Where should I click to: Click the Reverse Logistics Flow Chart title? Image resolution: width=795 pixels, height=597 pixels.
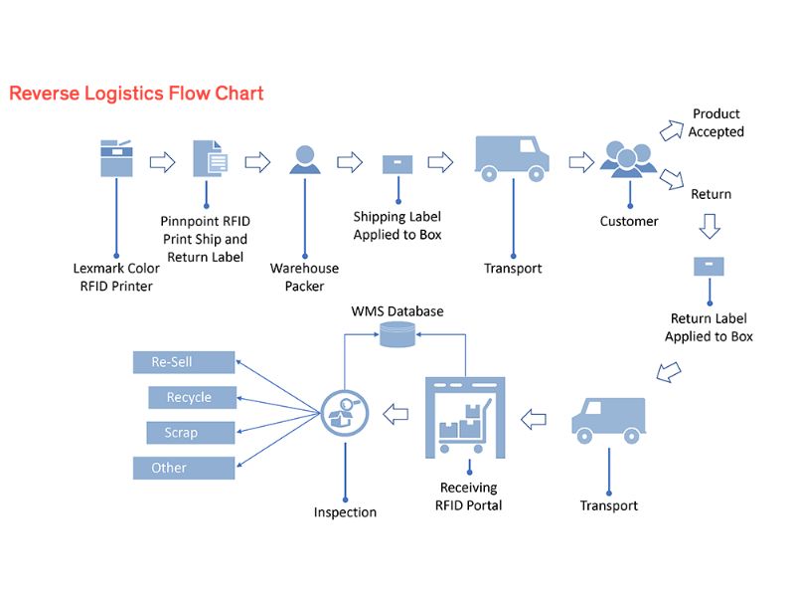(136, 94)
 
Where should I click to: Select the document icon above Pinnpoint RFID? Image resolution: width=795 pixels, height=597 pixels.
(209, 159)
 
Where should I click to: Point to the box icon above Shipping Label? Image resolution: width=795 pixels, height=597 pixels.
(397, 162)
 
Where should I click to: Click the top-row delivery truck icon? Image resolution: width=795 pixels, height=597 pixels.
(512, 158)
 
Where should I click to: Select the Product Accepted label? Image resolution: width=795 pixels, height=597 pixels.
(716, 122)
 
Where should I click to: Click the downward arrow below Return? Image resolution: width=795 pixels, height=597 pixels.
(709, 228)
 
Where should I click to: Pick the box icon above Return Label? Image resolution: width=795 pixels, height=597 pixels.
(709, 267)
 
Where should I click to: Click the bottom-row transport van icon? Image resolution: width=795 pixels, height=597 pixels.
(608, 419)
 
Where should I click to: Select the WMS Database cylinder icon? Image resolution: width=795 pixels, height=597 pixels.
(397, 336)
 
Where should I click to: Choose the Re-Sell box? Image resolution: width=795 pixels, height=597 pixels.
(184, 362)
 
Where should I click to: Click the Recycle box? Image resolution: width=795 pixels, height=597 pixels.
(192, 397)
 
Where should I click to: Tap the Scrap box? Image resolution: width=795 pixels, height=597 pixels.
(192, 433)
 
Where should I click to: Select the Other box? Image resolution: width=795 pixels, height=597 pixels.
(184, 468)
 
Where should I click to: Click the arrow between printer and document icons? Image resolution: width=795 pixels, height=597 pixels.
(162, 161)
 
